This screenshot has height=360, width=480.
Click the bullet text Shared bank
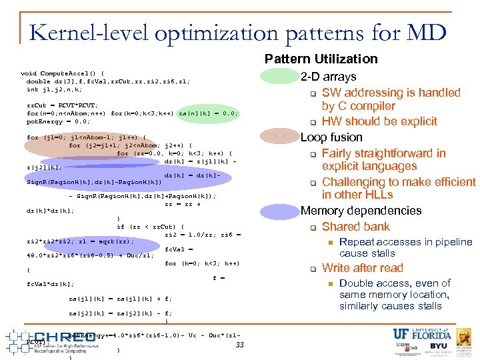click(355, 227)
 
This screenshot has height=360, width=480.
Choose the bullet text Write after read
click(362, 268)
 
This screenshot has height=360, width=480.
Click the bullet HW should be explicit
click(379, 121)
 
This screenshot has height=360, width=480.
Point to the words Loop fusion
click(331, 137)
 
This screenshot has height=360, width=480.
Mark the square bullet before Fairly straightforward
click(312, 153)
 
